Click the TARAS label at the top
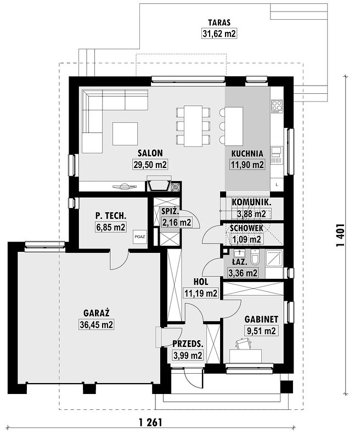coord(219,22)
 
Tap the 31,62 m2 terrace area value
coord(219,34)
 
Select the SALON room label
coord(150,153)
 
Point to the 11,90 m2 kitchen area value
coord(247,165)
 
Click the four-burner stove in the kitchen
coord(277,106)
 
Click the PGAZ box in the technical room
coord(140,237)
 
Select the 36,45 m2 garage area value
coord(96,324)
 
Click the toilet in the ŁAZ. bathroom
coord(255,257)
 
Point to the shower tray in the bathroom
coord(274,258)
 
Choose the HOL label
coord(201,282)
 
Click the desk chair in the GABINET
coord(243,344)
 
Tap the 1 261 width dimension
coord(150,423)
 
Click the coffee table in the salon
coord(125,133)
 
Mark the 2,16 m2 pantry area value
coord(177,223)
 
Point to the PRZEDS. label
coord(188,344)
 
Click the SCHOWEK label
coord(246,228)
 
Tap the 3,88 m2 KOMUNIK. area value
coord(251,214)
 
